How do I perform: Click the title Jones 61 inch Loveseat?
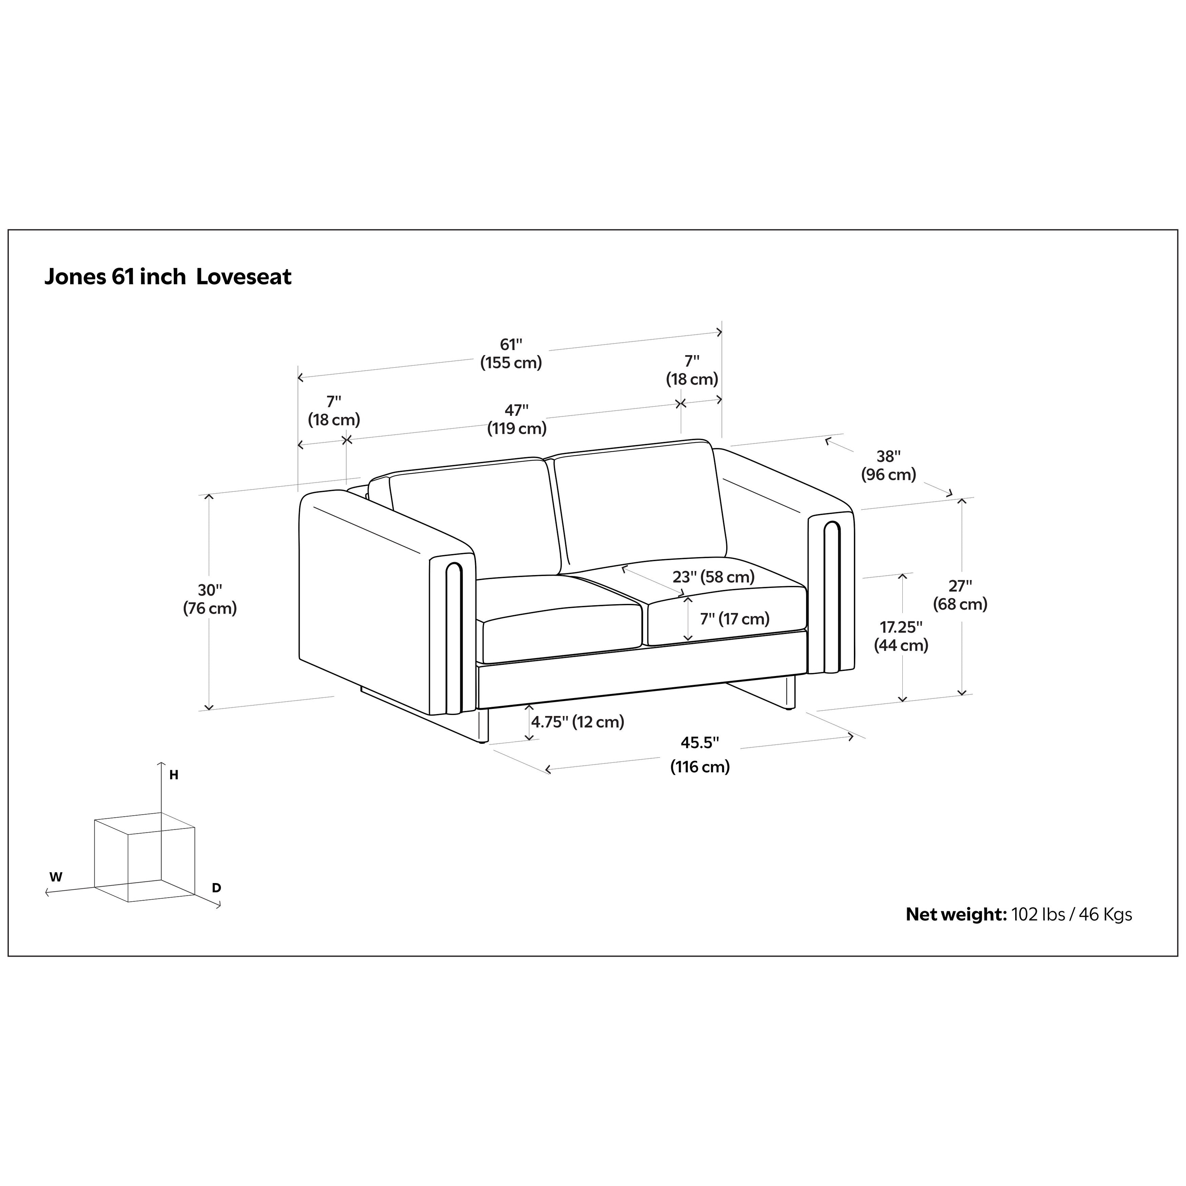coord(168,277)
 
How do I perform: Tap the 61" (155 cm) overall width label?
coord(511,353)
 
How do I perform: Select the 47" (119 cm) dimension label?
coord(517,419)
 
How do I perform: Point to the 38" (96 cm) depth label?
coord(888,465)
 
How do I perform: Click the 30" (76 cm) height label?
coord(210,599)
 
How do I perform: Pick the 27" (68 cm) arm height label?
coord(960,595)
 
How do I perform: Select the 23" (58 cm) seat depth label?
coord(713,577)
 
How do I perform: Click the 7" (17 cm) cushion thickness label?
coord(734,619)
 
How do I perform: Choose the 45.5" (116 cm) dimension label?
coord(700,754)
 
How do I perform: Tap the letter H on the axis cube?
coord(174,775)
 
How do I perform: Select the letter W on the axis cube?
coord(56,877)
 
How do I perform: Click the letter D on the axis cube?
coord(217,888)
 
